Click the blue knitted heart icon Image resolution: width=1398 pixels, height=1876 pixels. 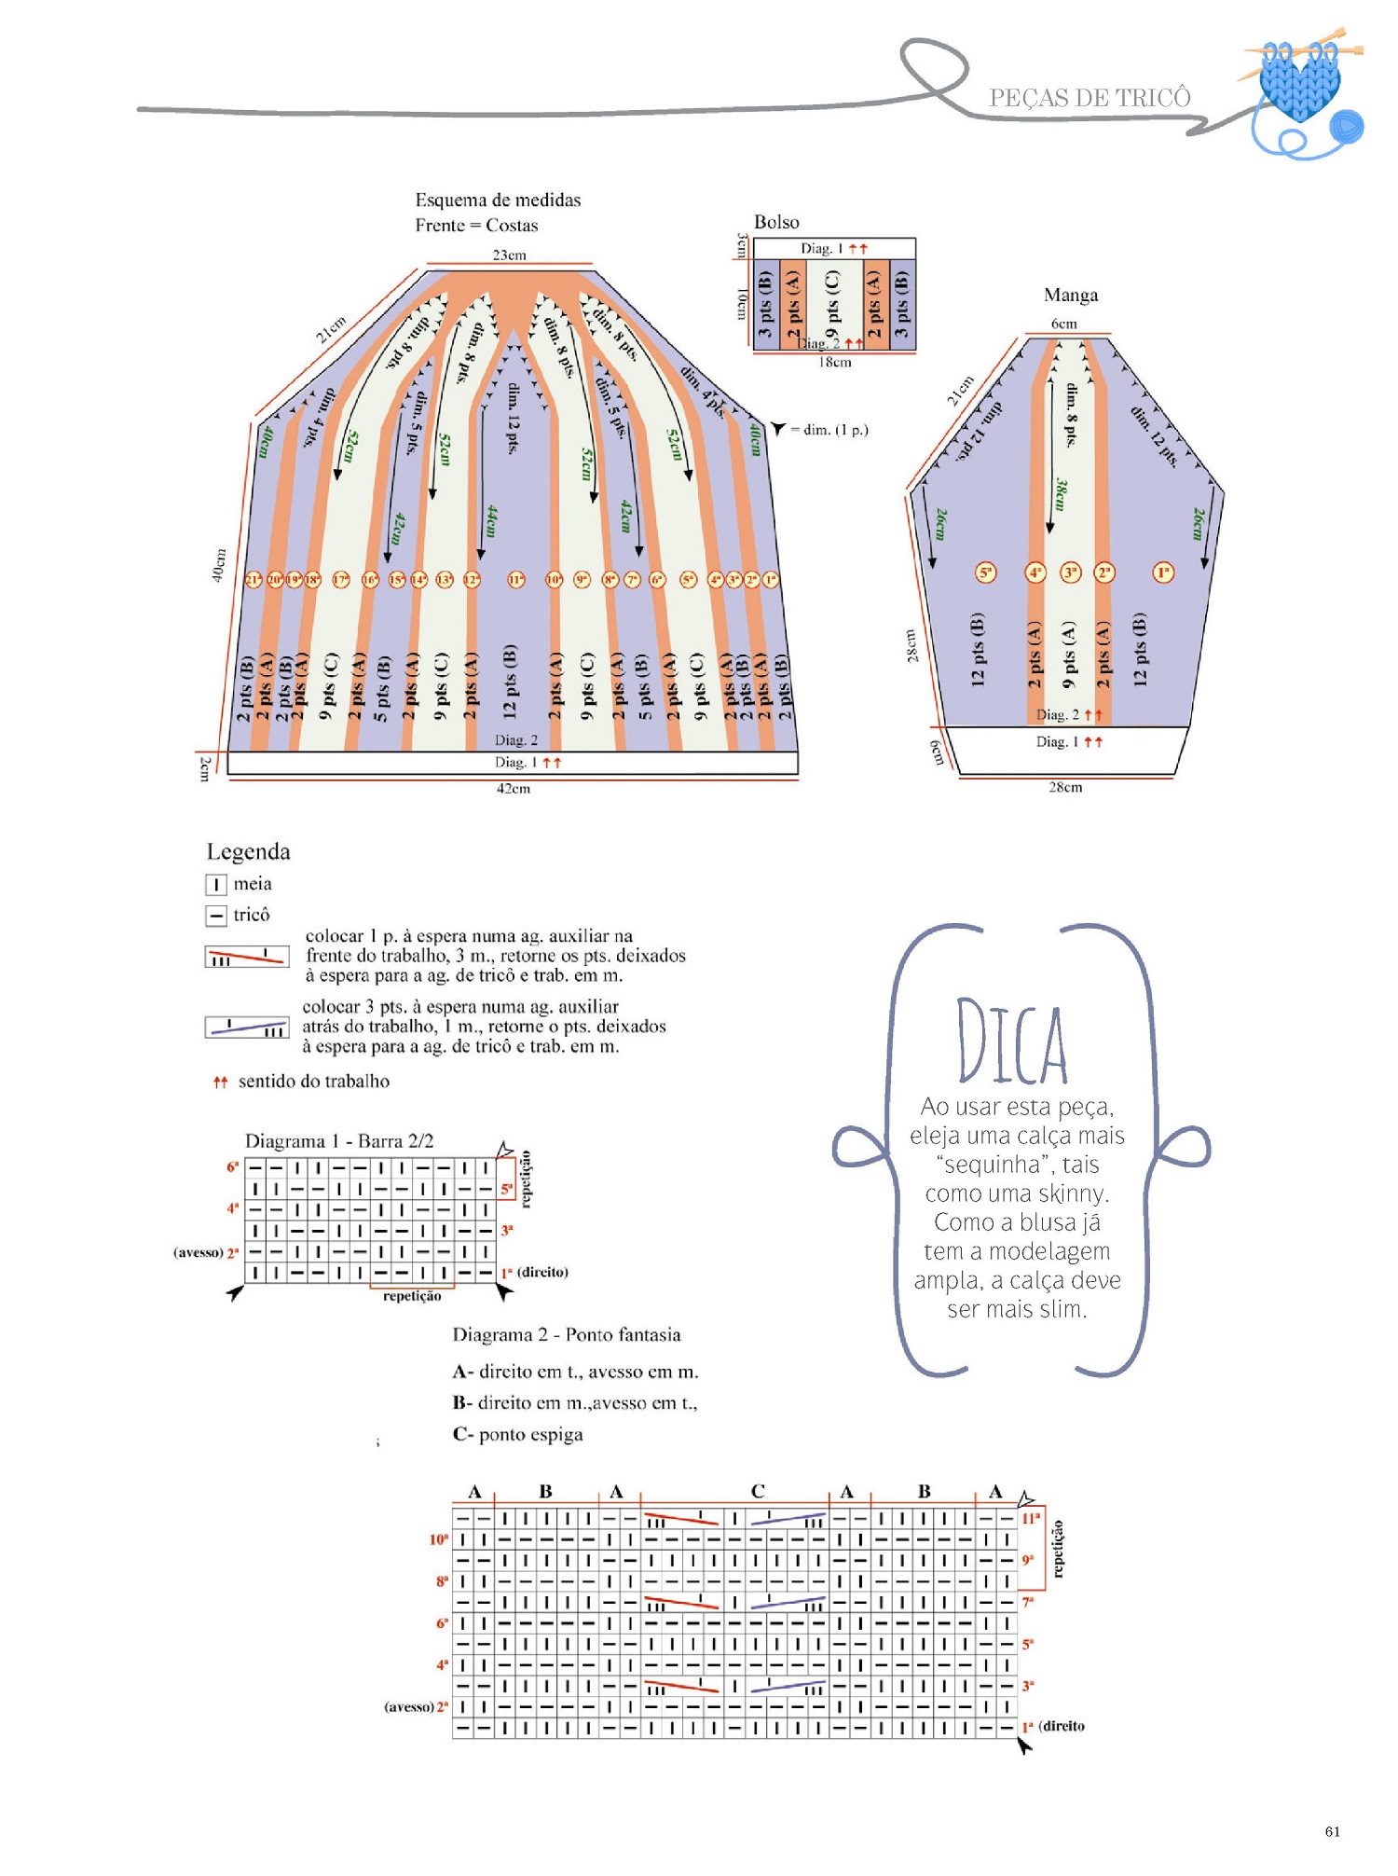1300,84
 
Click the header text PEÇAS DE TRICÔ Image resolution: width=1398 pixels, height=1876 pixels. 1090,98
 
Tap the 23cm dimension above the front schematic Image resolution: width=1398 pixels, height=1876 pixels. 509,255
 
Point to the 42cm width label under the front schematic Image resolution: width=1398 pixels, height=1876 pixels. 513,788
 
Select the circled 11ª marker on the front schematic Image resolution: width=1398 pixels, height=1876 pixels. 515,580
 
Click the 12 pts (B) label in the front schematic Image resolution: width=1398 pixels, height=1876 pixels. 510,682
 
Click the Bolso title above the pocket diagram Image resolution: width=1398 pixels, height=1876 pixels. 776,222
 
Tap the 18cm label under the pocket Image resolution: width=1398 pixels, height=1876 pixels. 834,362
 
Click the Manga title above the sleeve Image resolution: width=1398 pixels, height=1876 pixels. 1070,295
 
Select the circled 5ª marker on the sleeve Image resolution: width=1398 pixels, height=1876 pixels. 985,572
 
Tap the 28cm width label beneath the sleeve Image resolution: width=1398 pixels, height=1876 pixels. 1065,787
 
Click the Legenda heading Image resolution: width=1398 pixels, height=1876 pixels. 248,851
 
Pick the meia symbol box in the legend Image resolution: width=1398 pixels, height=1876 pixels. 215,884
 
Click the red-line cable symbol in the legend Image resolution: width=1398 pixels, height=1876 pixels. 247,957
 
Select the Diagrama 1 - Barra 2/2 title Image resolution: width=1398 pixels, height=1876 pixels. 339,1140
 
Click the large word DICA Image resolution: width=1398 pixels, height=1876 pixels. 1012,1042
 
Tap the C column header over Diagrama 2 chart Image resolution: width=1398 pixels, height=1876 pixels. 758,1491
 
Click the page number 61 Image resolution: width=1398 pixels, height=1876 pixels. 1332,1831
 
